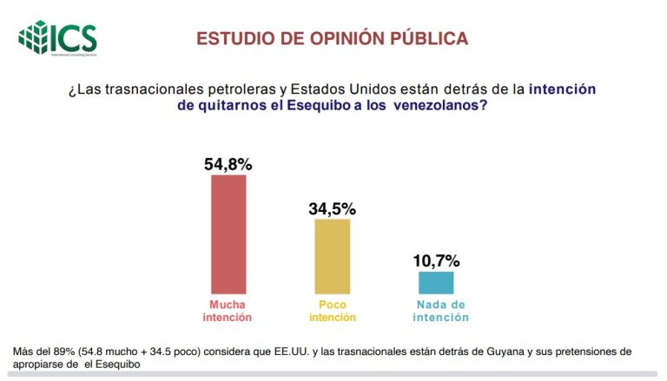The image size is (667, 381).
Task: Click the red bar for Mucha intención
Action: coord(229,233)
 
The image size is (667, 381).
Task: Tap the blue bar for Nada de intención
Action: coord(436,282)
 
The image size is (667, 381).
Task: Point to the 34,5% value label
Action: coord(333,209)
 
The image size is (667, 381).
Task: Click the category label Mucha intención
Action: coord(227,311)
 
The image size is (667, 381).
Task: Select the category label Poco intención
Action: coord(332,311)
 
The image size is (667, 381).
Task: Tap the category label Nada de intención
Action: coord(440,311)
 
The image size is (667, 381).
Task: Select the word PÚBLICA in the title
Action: coord(430,39)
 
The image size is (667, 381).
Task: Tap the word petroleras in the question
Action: coord(226,89)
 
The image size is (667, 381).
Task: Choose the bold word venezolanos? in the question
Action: coord(439,105)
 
